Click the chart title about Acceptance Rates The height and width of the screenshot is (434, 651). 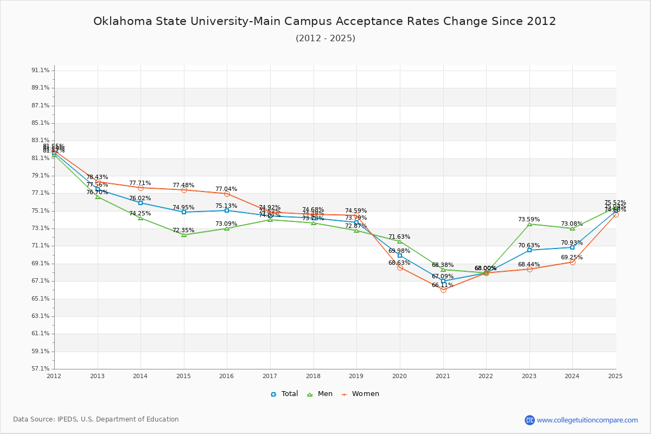324,22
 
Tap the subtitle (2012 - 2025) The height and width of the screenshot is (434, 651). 325,39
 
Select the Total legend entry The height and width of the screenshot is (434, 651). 284,394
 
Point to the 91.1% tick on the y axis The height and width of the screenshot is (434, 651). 41,71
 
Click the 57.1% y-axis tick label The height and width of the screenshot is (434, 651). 41,369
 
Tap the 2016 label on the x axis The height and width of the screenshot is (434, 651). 227,376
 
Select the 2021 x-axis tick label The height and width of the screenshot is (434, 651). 443,376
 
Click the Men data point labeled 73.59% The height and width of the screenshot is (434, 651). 529,224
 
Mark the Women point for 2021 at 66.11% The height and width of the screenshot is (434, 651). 443,290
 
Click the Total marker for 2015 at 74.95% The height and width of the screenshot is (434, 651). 184,212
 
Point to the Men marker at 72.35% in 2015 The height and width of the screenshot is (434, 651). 184,235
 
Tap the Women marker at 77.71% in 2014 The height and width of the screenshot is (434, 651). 141,188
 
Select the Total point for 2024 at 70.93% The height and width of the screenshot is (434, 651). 572,247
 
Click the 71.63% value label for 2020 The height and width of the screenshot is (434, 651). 399,237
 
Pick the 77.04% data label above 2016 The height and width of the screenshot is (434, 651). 226,189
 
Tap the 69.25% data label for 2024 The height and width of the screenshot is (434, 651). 572,258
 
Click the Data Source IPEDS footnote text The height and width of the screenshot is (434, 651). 96,419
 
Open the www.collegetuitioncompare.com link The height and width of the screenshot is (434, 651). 587,420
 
